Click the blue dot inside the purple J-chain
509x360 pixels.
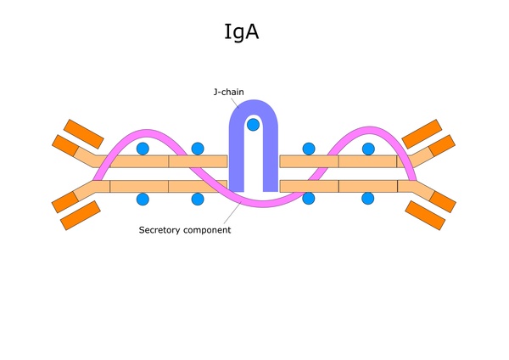pos(253,125)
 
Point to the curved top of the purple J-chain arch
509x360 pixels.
pos(253,105)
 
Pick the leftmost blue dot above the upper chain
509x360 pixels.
pos(143,149)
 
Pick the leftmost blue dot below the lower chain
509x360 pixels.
pos(143,200)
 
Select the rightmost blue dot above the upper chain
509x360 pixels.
pos(368,149)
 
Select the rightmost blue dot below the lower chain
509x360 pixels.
pos(368,200)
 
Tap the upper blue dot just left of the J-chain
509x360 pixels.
pos(198,149)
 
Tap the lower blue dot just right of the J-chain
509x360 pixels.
pos(309,200)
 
